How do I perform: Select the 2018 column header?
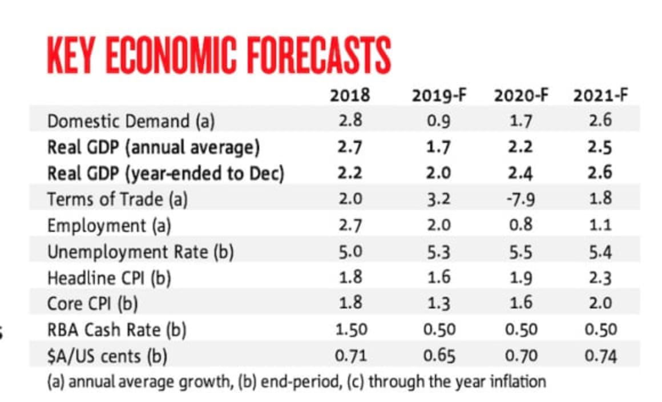click(350, 95)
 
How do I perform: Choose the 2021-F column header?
click(601, 95)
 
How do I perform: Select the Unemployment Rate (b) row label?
click(140, 251)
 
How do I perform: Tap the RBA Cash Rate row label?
click(117, 329)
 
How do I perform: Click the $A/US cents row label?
click(107, 356)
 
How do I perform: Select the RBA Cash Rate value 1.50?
click(350, 329)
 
